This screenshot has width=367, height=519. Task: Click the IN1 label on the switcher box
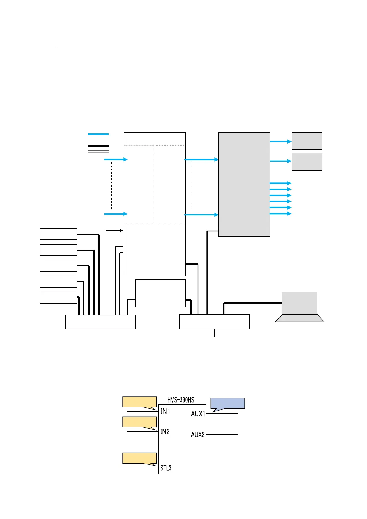tap(165, 411)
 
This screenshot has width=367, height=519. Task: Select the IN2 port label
tap(165, 431)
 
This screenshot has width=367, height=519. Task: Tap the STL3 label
tap(166, 468)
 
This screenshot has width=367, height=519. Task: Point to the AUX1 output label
tap(198, 414)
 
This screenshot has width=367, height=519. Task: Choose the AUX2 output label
tap(198, 435)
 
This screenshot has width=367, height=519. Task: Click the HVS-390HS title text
tap(181, 400)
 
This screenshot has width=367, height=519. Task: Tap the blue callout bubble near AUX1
tap(227, 403)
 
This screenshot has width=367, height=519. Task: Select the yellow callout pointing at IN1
tap(140, 402)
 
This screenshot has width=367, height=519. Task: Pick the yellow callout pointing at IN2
tap(140, 422)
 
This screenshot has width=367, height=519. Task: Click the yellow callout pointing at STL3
tap(140, 458)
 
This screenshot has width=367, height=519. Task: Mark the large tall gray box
tap(244, 184)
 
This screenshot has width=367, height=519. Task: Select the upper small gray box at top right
tap(307, 141)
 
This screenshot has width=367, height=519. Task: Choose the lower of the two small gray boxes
tap(307, 162)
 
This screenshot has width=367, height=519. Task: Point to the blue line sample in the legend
tap(98, 134)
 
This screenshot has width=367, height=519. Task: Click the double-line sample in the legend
tap(98, 151)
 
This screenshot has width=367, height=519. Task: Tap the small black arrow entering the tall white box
tap(115, 230)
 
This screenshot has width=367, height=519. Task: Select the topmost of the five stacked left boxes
tap(58, 234)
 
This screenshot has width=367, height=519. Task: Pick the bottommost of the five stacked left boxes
tap(58, 297)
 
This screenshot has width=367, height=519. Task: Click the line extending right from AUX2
tap(222, 435)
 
